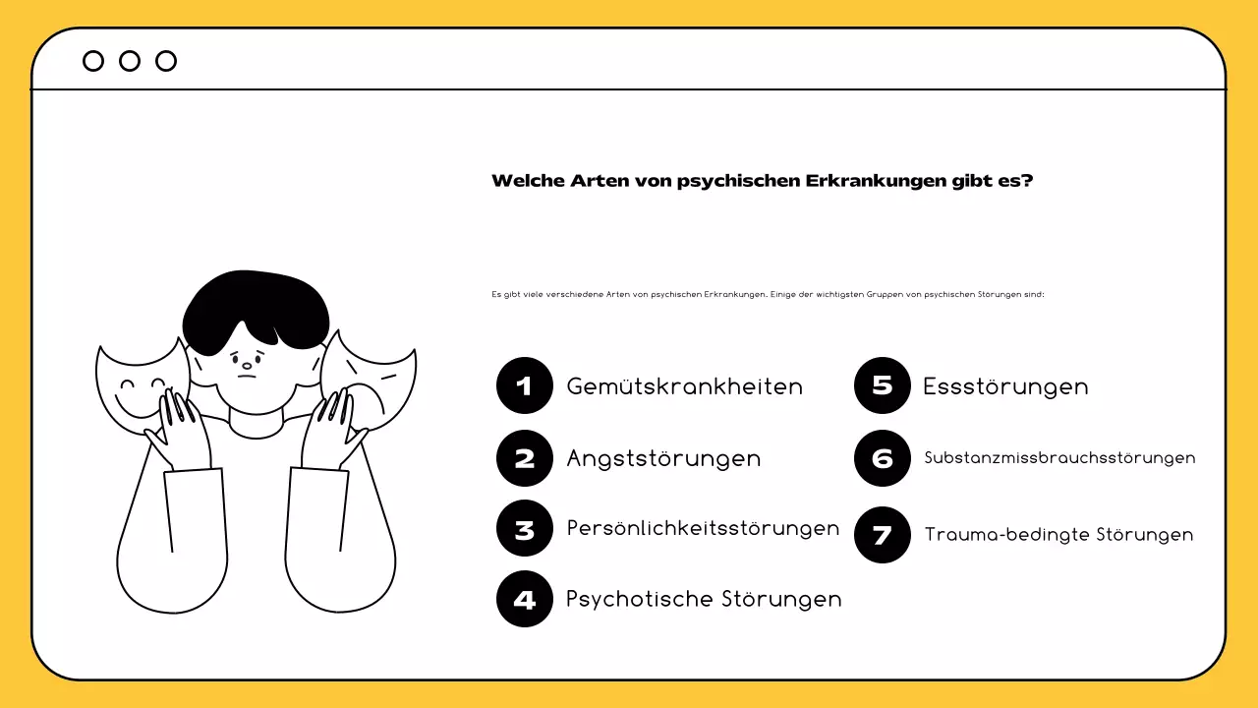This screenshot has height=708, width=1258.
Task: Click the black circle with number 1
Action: pyautogui.click(x=525, y=385)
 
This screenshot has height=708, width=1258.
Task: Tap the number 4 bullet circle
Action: pyautogui.click(x=525, y=599)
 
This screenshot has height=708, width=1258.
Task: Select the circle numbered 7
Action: pyautogui.click(x=883, y=535)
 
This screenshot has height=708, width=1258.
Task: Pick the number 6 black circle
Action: pyautogui.click(x=883, y=458)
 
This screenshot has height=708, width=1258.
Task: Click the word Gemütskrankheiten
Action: pyautogui.click(x=684, y=386)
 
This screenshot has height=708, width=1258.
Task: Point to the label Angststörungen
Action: pyautogui.click(x=663, y=459)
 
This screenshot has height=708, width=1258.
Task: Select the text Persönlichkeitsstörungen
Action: pyautogui.click(x=703, y=528)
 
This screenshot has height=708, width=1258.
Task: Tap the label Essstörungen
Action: pyautogui.click(x=1005, y=386)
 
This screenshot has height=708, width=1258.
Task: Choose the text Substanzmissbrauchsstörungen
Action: pyautogui.click(x=1059, y=458)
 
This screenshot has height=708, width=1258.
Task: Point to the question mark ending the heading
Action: pyautogui.click(x=1027, y=181)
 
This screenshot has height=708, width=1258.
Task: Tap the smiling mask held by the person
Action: pyautogui.click(x=133, y=388)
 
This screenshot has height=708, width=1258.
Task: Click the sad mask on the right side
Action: pyautogui.click(x=378, y=383)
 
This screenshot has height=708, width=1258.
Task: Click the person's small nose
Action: pyautogui.click(x=247, y=365)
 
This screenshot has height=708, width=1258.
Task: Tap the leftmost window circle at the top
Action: pyautogui.click(x=93, y=61)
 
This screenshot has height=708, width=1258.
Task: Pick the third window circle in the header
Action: pyautogui.click(x=166, y=61)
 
